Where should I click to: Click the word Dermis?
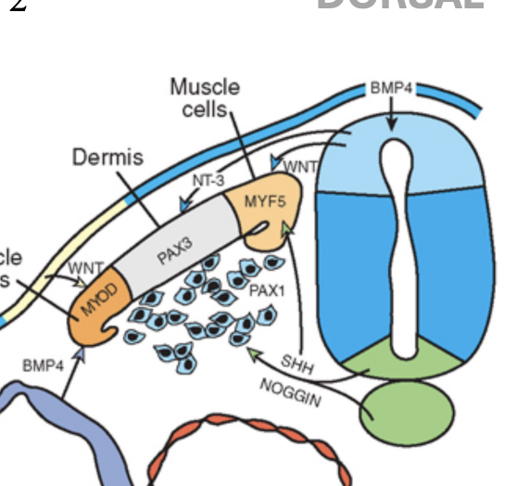(x=107, y=157)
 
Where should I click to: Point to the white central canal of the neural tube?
(x=399, y=250)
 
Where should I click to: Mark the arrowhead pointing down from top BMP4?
(x=393, y=124)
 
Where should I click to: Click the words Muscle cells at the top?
(x=204, y=97)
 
